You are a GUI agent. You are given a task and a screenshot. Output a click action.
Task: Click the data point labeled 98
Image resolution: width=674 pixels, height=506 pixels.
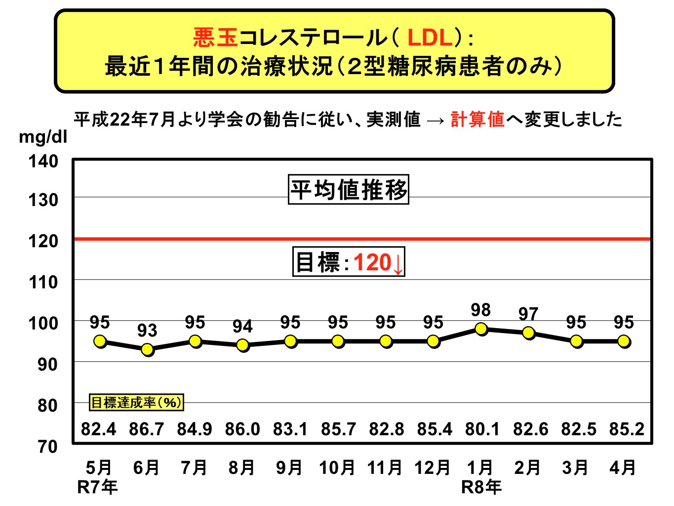click(x=481, y=329)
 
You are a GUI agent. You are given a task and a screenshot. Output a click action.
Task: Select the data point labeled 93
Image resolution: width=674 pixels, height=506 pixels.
click(x=147, y=349)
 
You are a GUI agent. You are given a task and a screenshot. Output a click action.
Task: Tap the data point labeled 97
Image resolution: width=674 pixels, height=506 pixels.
click(x=529, y=333)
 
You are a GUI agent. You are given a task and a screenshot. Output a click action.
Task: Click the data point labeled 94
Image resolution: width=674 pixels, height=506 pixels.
click(x=242, y=345)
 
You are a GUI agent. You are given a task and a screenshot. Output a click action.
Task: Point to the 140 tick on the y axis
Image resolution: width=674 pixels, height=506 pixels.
click(x=43, y=161)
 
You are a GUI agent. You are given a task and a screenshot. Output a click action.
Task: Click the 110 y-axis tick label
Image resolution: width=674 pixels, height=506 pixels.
click(x=43, y=282)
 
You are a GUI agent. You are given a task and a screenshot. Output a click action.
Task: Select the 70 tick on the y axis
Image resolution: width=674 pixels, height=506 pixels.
click(x=47, y=447)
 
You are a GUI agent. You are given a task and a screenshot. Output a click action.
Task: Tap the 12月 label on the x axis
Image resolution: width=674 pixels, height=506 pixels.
click(x=432, y=467)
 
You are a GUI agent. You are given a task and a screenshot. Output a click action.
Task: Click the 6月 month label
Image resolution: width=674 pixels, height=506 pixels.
click(x=146, y=467)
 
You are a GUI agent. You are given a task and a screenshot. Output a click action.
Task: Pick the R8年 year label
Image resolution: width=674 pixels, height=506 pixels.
click(x=481, y=487)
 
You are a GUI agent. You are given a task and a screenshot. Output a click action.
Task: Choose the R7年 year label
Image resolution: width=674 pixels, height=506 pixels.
click(x=97, y=487)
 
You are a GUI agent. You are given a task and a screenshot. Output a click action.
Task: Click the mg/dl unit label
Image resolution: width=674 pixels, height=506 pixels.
click(x=43, y=137)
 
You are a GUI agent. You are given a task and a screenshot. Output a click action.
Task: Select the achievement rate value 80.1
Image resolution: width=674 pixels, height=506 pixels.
click(x=482, y=429)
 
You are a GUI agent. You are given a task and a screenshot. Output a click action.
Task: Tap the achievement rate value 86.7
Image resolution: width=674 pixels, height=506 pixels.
click(x=146, y=429)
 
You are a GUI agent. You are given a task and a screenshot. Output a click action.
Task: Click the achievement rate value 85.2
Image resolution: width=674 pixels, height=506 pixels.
click(x=627, y=429)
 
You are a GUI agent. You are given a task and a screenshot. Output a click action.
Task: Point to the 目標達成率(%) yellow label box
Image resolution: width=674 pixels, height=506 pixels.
click(x=136, y=402)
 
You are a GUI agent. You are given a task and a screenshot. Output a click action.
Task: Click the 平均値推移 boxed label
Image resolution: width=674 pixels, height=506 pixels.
click(x=349, y=190)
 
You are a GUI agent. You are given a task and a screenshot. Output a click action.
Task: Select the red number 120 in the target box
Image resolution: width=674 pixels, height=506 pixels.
click(x=372, y=262)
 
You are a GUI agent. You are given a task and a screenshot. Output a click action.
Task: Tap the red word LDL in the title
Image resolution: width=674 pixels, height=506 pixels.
click(x=430, y=38)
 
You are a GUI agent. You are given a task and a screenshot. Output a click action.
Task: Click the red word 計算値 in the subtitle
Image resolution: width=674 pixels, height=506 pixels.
click(x=477, y=119)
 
